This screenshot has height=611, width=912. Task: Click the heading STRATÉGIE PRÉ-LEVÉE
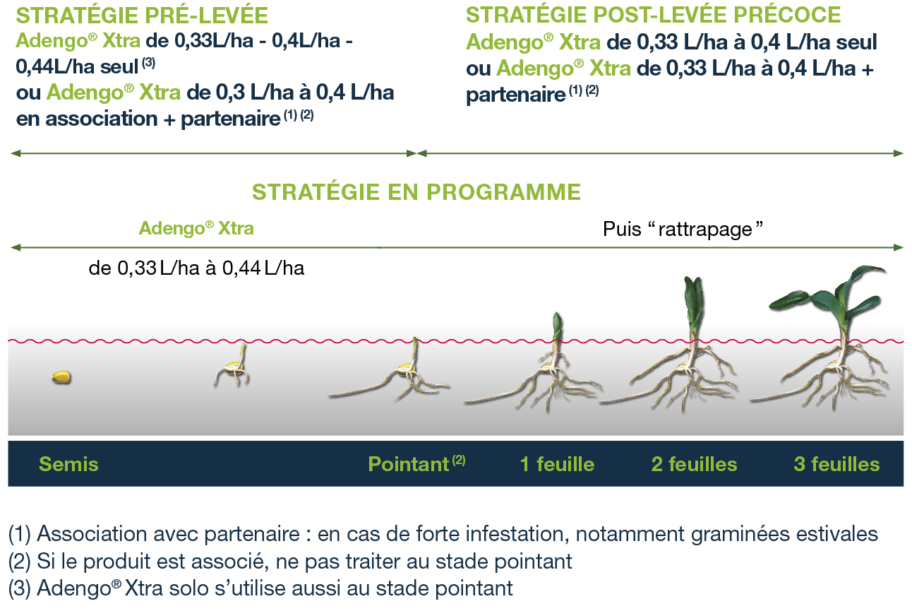pos(142,16)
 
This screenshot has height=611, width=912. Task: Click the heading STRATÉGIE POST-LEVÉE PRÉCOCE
pos(653,15)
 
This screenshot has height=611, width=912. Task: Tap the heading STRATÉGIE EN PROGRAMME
pos(416,192)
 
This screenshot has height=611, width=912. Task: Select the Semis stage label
pos(68,464)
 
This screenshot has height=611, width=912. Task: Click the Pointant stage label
pos(416,463)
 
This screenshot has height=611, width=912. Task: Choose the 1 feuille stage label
pos(557,464)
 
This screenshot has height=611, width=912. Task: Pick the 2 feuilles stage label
pos(694,464)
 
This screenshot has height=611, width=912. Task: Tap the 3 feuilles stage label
pos(836,464)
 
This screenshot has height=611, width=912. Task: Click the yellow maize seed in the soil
pos(61,377)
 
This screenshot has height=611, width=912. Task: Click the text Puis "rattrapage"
pos(683,229)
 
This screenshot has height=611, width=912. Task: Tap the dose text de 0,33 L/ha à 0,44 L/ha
pos(196,268)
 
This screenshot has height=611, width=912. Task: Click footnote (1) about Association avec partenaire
pos(443,534)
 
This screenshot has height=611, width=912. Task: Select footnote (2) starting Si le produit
pos(290,562)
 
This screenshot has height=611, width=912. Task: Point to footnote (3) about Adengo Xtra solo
pos(260,588)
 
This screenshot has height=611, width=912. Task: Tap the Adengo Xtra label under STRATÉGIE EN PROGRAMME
pos(196,228)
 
